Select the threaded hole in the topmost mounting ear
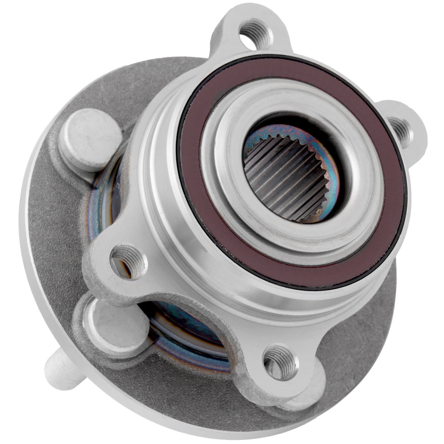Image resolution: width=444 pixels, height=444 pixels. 255,33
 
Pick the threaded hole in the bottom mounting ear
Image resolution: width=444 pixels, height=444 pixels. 280,362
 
